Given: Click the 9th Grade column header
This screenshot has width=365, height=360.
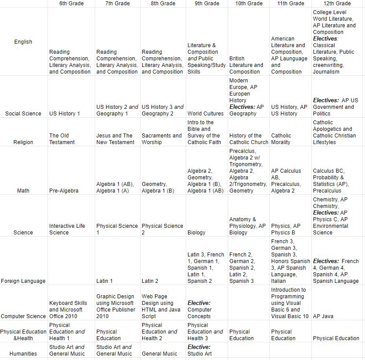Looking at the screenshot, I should click(206, 4).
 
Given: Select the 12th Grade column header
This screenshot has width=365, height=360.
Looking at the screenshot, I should click(337, 4).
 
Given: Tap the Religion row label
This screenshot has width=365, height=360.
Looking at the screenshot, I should click(23, 142).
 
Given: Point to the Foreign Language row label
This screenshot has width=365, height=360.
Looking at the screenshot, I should click(23, 281).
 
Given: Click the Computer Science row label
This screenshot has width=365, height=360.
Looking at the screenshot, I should click(23, 316).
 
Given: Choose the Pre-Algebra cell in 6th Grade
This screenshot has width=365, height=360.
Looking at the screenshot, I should click(64, 191).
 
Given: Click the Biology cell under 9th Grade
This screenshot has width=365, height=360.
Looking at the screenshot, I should click(196, 233).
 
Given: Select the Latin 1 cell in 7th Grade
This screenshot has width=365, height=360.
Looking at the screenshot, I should click(104, 281).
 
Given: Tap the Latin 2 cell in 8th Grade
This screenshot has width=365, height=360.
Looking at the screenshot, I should click(150, 281).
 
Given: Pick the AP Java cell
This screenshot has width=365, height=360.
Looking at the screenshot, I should click(323, 316).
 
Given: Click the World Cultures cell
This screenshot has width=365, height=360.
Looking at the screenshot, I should click(206, 114).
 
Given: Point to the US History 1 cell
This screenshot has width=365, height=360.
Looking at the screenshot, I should click(65, 114).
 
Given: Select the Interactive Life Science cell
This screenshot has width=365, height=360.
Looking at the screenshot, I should click(67, 229).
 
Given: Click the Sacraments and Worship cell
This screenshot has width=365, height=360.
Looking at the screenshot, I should click(162, 139).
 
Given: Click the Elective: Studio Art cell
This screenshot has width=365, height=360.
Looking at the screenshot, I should click(199, 350).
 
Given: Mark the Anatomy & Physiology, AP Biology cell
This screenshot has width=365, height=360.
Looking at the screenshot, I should click(247, 226).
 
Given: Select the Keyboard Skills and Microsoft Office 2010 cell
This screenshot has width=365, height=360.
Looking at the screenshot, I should click(68, 310).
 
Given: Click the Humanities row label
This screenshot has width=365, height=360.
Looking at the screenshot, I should click(23, 354).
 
